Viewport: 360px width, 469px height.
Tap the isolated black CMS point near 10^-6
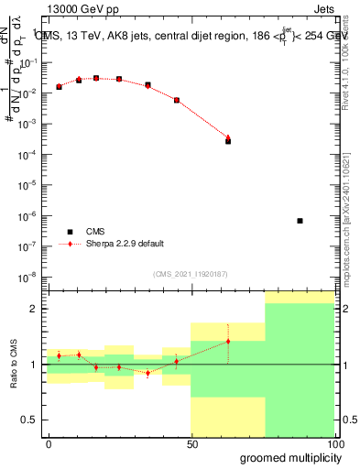[300, 221]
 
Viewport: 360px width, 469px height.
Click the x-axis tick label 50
[191, 444]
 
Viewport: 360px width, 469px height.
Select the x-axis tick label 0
[49, 444]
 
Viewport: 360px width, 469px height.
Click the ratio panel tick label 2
[35, 309]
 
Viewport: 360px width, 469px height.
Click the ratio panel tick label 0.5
[31, 420]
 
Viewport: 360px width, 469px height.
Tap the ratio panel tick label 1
[35, 365]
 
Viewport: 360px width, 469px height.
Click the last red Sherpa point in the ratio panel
[228, 341]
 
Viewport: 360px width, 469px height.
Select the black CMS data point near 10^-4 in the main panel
[228, 141]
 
